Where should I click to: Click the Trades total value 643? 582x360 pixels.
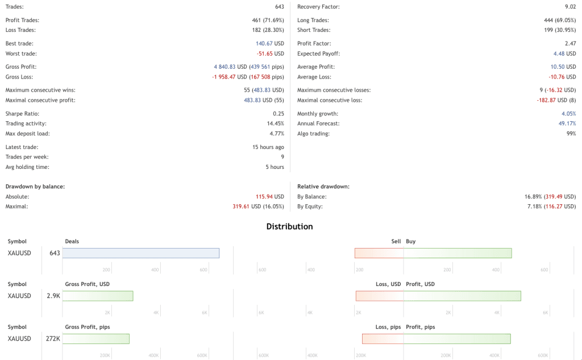click(x=279, y=7)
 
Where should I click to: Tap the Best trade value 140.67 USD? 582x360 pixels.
click(x=269, y=43)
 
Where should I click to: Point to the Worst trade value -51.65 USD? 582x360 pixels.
click(x=270, y=53)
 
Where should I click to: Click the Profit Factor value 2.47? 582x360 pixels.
click(x=570, y=43)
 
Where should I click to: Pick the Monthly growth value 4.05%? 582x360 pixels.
click(x=568, y=114)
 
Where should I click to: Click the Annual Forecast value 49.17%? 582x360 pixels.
click(x=567, y=123)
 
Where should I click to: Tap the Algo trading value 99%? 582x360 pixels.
click(x=571, y=134)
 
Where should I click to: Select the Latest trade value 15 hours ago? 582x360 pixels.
click(x=264, y=147)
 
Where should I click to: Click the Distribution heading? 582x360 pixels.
click(x=289, y=226)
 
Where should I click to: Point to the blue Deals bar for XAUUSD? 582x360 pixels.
click(x=140, y=253)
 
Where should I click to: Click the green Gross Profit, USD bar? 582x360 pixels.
click(x=97, y=296)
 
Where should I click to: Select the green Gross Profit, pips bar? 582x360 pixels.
click(x=95, y=339)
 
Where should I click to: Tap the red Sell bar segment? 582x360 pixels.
click(x=379, y=253)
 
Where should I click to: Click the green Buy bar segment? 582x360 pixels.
click(x=458, y=253)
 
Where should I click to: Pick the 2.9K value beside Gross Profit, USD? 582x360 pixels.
click(x=53, y=296)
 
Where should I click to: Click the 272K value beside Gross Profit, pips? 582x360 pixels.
click(x=53, y=339)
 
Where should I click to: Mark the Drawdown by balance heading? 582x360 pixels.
click(x=35, y=186)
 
